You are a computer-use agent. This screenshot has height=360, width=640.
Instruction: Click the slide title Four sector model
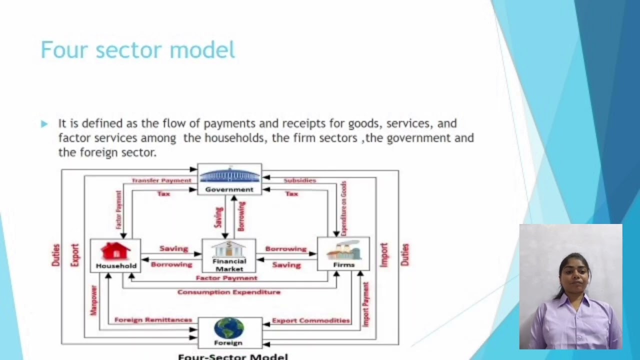(x=137, y=50)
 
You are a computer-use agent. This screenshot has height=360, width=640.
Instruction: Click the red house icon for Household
(x=115, y=251)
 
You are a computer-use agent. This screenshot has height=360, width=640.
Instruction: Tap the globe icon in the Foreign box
(x=229, y=328)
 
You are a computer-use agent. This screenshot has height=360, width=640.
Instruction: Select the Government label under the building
(x=229, y=189)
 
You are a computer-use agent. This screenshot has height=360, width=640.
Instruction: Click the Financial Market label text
(x=229, y=265)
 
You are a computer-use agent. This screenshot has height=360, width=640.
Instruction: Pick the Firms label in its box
(x=343, y=265)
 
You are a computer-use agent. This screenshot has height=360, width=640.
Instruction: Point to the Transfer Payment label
(x=161, y=180)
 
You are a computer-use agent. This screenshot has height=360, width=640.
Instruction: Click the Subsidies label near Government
(x=299, y=180)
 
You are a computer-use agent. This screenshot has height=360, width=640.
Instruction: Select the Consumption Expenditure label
(x=229, y=292)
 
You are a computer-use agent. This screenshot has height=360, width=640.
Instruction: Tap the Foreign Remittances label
(x=153, y=319)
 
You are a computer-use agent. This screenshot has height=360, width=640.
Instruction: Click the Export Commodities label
(x=310, y=320)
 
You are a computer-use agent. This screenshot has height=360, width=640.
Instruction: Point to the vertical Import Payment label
(x=365, y=304)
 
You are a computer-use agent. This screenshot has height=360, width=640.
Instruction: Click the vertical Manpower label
(x=93, y=300)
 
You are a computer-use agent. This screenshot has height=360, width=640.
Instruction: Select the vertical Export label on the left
(x=74, y=255)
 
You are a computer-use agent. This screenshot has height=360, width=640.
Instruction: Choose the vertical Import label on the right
(x=383, y=255)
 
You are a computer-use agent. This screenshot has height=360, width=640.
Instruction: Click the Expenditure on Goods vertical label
(x=344, y=208)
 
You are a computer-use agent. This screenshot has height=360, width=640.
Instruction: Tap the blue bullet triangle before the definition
(x=44, y=123)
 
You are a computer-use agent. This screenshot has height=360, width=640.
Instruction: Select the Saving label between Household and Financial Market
(x=173, y=248)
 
